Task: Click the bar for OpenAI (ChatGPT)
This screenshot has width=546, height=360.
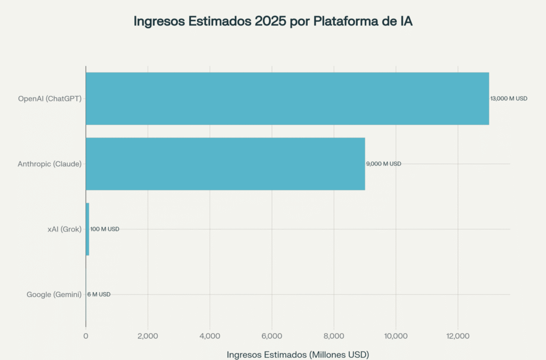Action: pyautogui.click(x=287, y=99)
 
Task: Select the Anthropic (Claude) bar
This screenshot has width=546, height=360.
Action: pyautogui.click(x=225, y=164)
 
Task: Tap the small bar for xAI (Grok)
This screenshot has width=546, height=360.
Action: pyautogui.click(x=87, y=229)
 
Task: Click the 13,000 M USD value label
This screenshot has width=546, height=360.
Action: pyautogui.click(x=509, y=99)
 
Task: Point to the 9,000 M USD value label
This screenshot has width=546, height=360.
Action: pyautogui.click(x=383, y=164)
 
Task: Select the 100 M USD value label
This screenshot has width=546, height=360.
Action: pyautogui.click(x=105, y=229)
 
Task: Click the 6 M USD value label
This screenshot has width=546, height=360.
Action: pyautogui.click(x=99, y=294)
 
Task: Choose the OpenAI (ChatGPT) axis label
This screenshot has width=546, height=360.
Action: pyautogui.click(x=50, y=99)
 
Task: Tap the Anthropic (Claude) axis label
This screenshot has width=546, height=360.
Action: pyautogui.click(x=50, y=164)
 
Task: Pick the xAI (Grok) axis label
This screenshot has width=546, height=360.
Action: pyautogui.click(x=63, y=229)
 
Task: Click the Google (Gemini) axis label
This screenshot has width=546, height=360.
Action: pyautogui.click(x=54, y=294)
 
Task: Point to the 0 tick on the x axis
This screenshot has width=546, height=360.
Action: pyautogui.click(x=86, y=336)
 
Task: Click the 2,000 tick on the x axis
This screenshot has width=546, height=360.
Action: pyautogui.click(x=148, y=336)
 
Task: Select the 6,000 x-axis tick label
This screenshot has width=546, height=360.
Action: pyautogui.click(x=272, y=336)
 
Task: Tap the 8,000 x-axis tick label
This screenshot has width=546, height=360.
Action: pyautogui.click(x=334, y=336)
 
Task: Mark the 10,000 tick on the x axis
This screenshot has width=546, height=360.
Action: pyautogui.click(x=396, y=336)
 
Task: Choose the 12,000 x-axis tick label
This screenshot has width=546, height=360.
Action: pyautogui.click(x=457, y=336)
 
